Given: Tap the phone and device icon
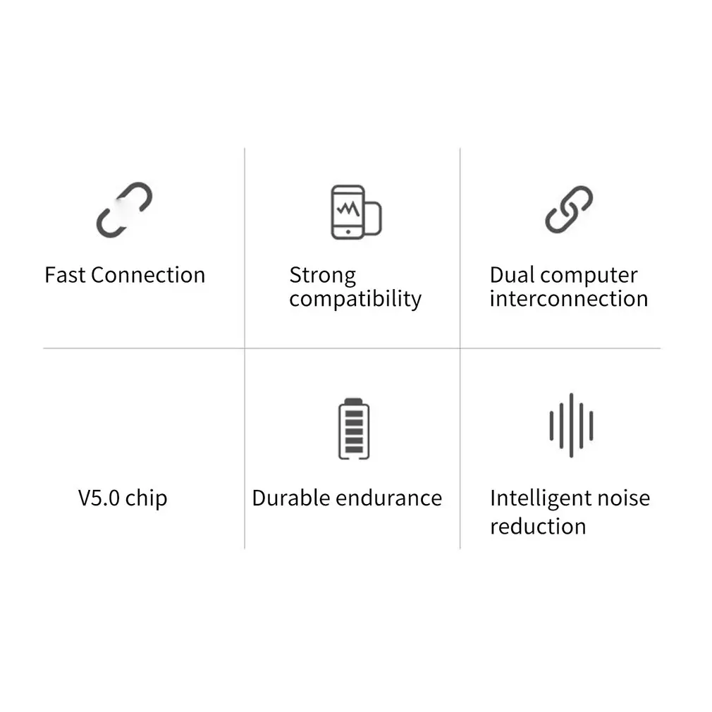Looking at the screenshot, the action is click(x=355, y=211).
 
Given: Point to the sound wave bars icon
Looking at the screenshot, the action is click(x=571, y=425).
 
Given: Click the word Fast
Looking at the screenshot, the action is click(x=65, y=275).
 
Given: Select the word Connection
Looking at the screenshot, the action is click(x=148, y=275).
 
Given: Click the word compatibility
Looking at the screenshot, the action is click(x=355, y=300).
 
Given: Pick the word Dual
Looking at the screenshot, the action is click(x=512, y=275).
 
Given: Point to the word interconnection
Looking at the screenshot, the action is click(x=568, y=299).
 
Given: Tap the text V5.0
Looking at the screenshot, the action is click(x=99, y=498).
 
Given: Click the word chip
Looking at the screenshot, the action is click(x=146, y=499).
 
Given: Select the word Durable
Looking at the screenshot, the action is click(x=290, y=498).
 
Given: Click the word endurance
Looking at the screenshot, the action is click(x=388, y=498).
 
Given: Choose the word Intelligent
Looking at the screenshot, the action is click(x=541, y=499).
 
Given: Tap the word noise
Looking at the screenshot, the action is click(x=623, y=498).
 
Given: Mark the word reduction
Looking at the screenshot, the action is click(x=538, y=527).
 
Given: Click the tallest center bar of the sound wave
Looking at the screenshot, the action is click(x=571, y=425).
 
